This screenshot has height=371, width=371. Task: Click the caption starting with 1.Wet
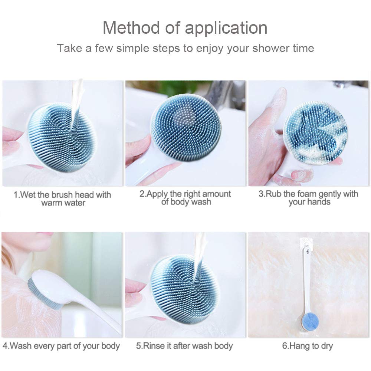[x=62, y=198]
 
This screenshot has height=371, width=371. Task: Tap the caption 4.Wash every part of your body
[x=61, y=346]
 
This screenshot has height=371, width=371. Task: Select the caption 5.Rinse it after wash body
[x=184, y=346]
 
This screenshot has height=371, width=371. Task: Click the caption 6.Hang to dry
[x=308, y=346]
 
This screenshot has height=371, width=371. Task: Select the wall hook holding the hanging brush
[x=306, y=243]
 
